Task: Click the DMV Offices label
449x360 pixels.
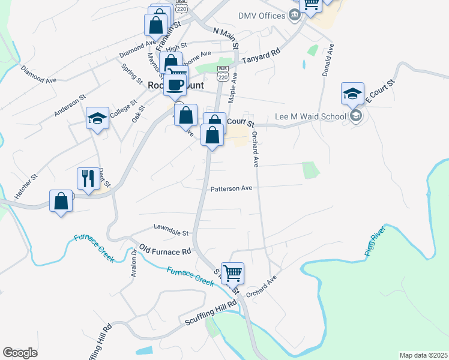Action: (261, 16)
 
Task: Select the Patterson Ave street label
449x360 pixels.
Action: (231, 188)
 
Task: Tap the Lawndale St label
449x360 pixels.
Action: (171, 229)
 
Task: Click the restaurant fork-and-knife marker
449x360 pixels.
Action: (88, 179)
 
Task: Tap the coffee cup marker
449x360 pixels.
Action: (175, 83)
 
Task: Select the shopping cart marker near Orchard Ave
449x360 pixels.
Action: (232, 273)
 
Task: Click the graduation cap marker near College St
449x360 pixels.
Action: (97, 118)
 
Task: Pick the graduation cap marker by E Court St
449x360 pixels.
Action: (352, 93)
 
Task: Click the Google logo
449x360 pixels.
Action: (20, 353)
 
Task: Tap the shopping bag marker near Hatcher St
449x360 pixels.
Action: (61, 200)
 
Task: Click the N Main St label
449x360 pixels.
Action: (226, 37)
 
